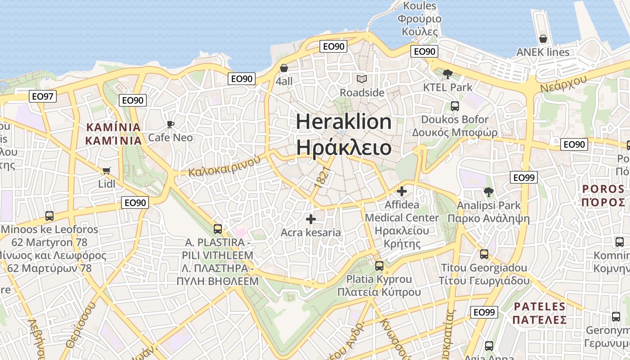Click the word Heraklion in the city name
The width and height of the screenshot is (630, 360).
coord(344,122)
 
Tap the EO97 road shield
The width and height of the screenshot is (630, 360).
coord(43,96)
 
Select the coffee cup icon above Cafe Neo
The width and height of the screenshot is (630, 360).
coord(170,124)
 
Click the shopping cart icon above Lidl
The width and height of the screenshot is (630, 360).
coord(107,171)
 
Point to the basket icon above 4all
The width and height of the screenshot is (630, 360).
coord(284,68)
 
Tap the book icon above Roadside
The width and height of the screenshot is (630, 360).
coord(362,79)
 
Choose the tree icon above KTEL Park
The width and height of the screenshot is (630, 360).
coord(447,74)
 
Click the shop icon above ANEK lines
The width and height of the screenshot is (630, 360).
coord(543,39)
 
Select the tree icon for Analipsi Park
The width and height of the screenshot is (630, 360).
coord(488,192)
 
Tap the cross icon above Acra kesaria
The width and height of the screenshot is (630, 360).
coord(310,219)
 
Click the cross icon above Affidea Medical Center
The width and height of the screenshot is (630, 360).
coord(402,191)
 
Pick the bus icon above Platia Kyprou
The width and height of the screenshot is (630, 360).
coord(379,265)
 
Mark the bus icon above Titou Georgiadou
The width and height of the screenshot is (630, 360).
coord(484,254)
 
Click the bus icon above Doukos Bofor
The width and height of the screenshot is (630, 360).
coord(455,106)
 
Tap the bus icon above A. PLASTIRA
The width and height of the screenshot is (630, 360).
coord(218,229)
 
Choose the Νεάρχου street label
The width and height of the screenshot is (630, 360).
coord(563,84)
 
